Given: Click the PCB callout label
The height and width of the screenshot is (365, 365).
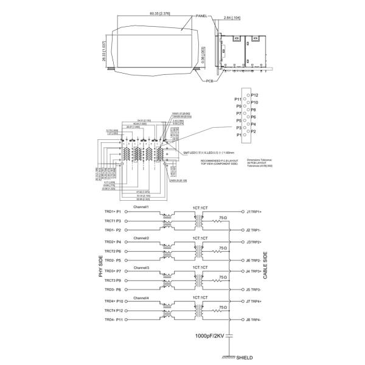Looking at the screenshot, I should click(209, 80).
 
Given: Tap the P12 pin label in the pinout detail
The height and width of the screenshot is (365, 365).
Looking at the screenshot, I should click(254, 96).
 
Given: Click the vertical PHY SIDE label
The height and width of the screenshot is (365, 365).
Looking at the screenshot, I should click(100, 266).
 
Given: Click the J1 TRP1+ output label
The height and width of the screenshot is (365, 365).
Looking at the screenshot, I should click(253, 212).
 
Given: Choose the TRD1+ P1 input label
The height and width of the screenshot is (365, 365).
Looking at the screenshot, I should click(110, 212).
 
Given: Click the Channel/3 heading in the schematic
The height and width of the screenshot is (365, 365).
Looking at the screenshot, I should click(141, 267).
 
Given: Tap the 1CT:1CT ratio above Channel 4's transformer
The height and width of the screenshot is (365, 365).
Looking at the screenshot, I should click(201, 297).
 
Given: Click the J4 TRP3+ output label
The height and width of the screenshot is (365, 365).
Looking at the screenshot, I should click(253, 271).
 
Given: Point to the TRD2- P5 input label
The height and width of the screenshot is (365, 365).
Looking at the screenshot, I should click(110, 260).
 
